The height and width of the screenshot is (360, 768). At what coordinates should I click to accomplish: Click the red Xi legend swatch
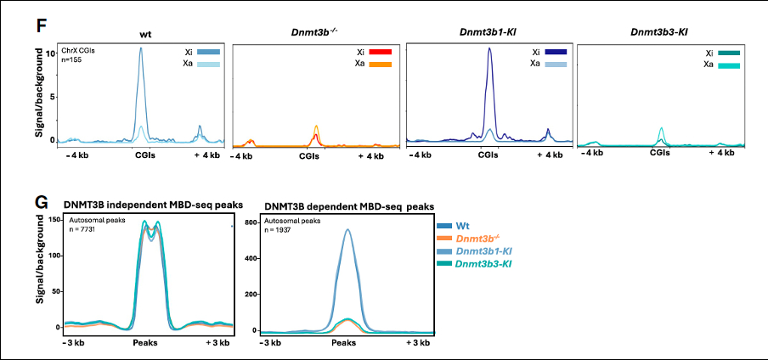pyautogui.click(x=381, y=52)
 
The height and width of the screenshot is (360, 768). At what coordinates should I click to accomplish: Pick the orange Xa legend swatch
pyautogui.click(x=381, y=65)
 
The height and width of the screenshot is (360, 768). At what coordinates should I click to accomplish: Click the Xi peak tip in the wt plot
pyautogui.click(x=141, y=48)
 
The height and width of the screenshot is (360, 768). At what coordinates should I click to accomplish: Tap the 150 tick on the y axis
pyautogui.click(x=55, y=222)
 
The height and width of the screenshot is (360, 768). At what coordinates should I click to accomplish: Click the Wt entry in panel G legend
pyautogui.click(x=462, y=227)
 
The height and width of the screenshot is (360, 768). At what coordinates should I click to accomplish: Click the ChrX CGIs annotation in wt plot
pyautogui.click(x=80, y=50)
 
